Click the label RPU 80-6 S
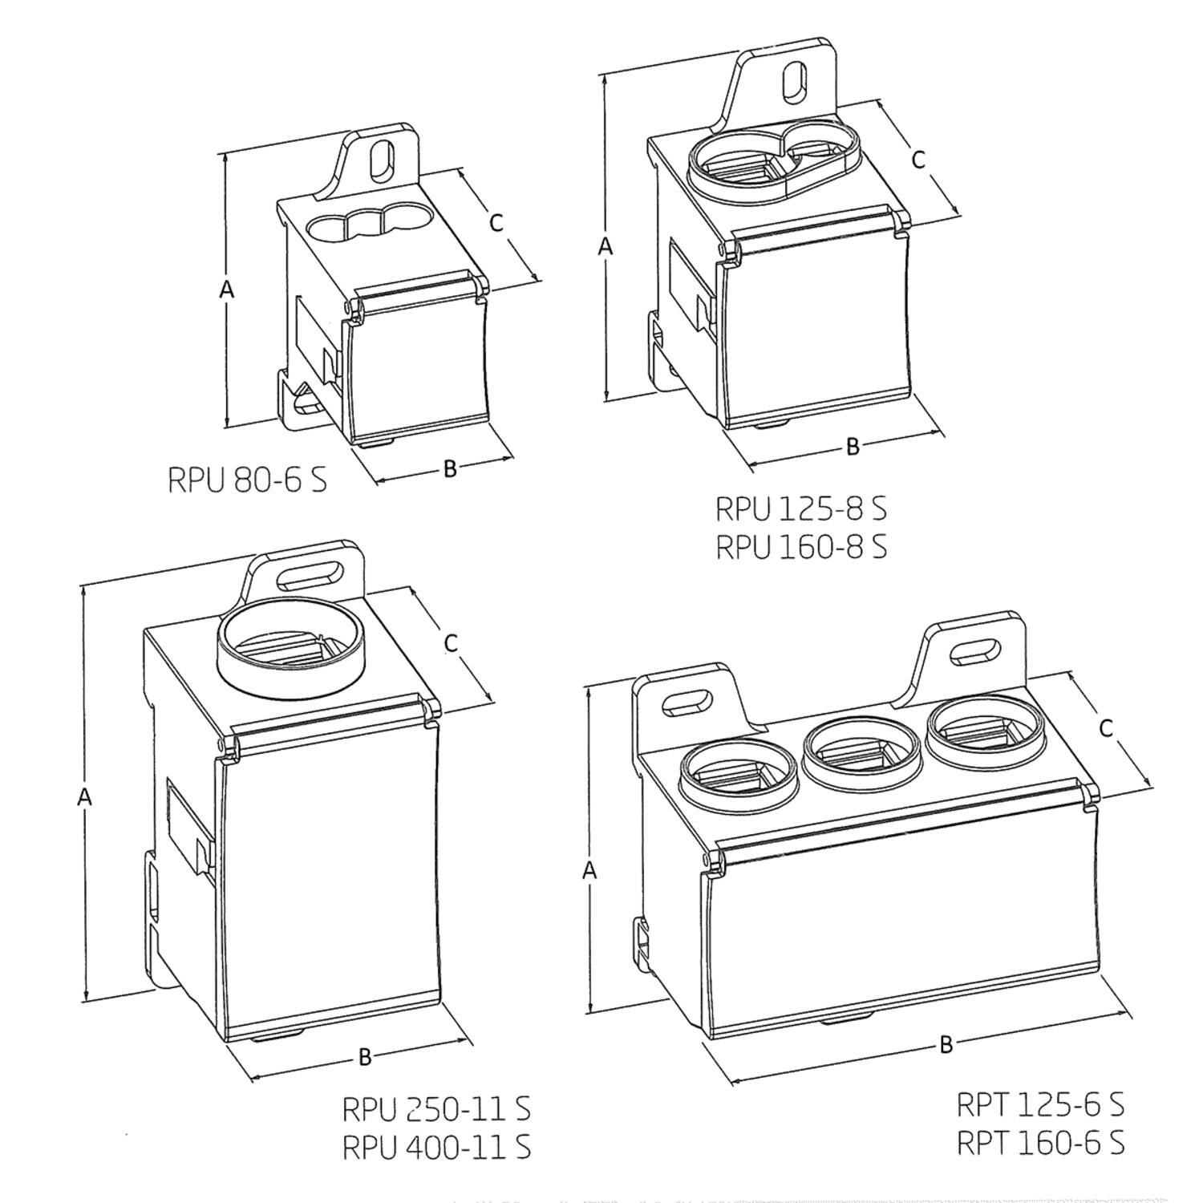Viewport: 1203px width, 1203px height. click(247, 480)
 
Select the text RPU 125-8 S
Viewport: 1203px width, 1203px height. click(800, 508)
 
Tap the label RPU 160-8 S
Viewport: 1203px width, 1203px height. click(800, 547)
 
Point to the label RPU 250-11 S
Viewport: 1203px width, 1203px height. click(436, 1109)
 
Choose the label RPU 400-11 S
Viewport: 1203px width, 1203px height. click(436, 1147)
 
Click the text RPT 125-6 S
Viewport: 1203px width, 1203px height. click(1040, 1104)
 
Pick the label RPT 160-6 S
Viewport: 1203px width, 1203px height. click(1040, 1142)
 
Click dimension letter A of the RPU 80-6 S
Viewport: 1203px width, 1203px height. click(227, 290)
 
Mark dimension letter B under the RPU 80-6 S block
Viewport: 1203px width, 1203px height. click(450, 468)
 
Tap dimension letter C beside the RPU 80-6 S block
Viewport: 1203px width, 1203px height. click(496, 222)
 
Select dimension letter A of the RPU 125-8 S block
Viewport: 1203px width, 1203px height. click(606, 246)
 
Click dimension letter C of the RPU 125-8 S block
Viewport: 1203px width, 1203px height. click(918, 159)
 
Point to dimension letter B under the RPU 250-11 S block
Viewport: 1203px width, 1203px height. click(365, 1057)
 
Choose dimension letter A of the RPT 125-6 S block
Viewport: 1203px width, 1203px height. click(589, 869)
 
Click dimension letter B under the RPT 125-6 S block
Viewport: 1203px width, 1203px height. click(946, 1044)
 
